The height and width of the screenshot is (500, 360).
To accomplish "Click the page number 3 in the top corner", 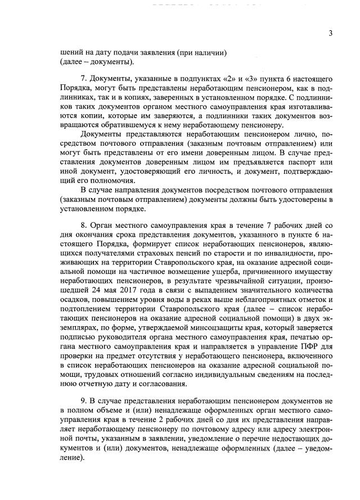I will (331, 33).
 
